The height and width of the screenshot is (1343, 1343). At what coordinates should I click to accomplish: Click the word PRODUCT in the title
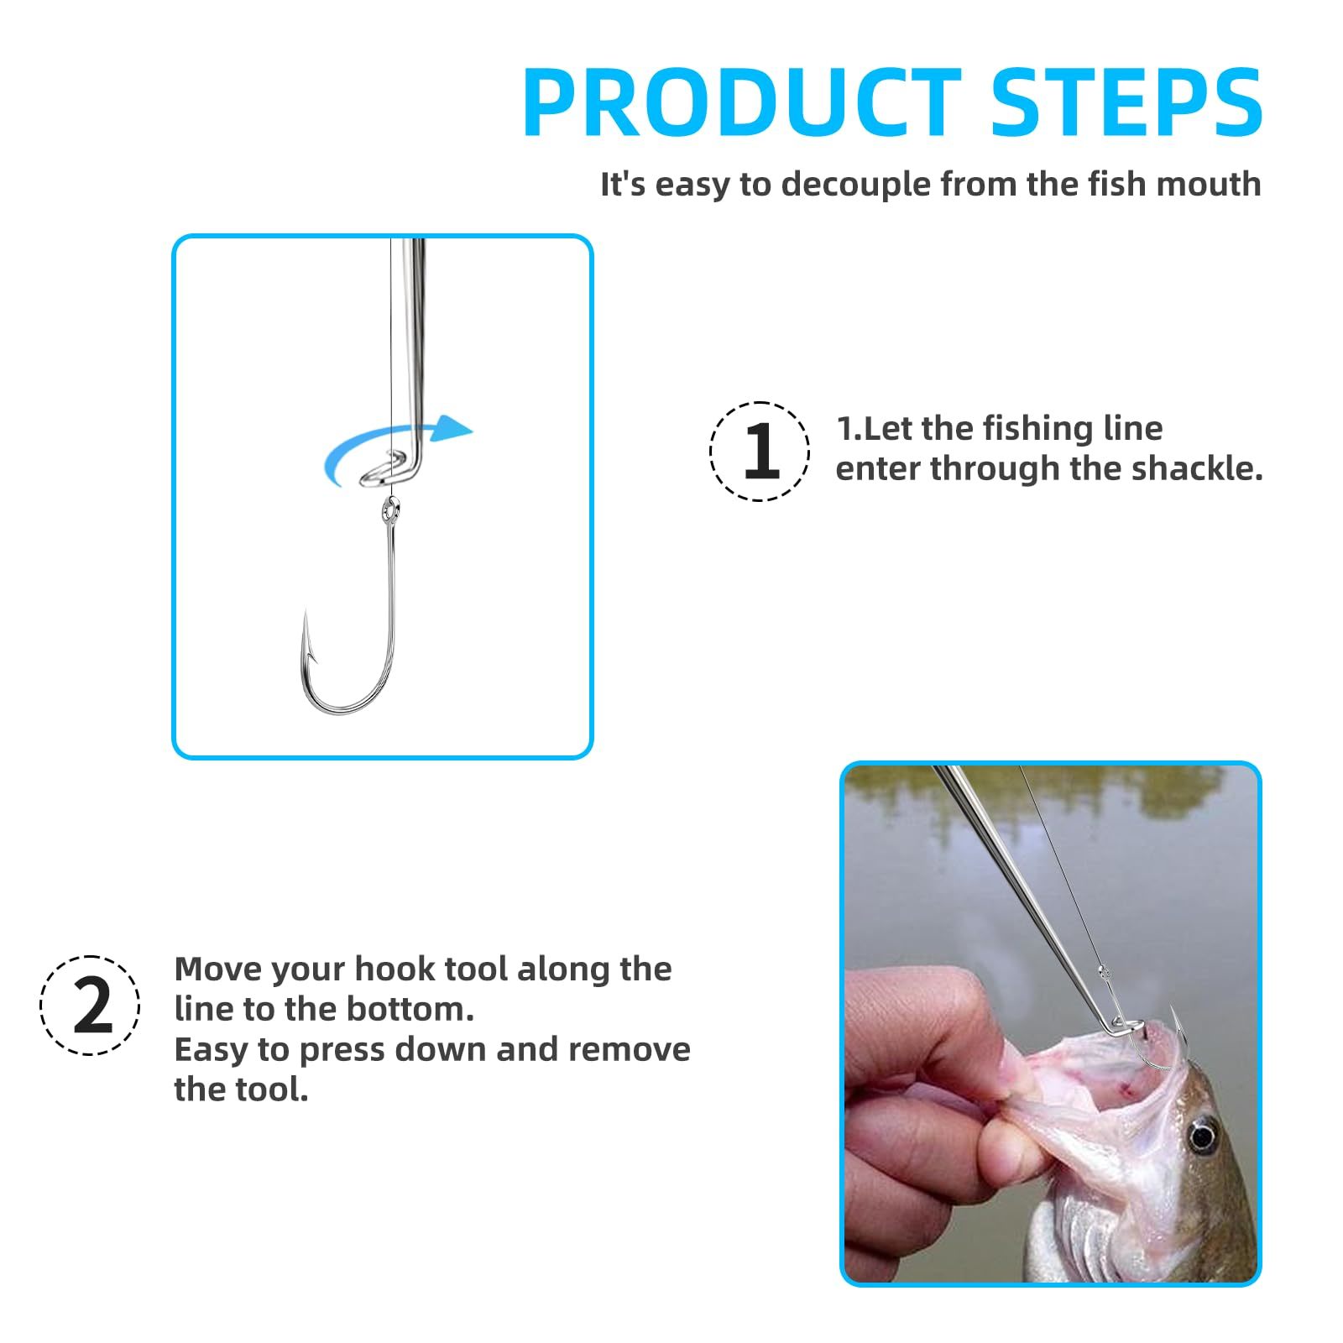(x=742, y=102)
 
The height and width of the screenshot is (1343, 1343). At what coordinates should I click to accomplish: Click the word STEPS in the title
(x=1126, y=102)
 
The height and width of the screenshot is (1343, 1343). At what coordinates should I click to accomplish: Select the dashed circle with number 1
(x=760, y=452)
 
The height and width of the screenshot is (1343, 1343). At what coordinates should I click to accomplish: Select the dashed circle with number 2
(x=90, y=1006)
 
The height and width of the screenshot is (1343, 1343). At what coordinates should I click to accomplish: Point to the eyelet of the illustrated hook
(x=389, y=509)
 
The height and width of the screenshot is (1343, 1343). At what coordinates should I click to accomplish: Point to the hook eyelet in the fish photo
(x=1104, y=973)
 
